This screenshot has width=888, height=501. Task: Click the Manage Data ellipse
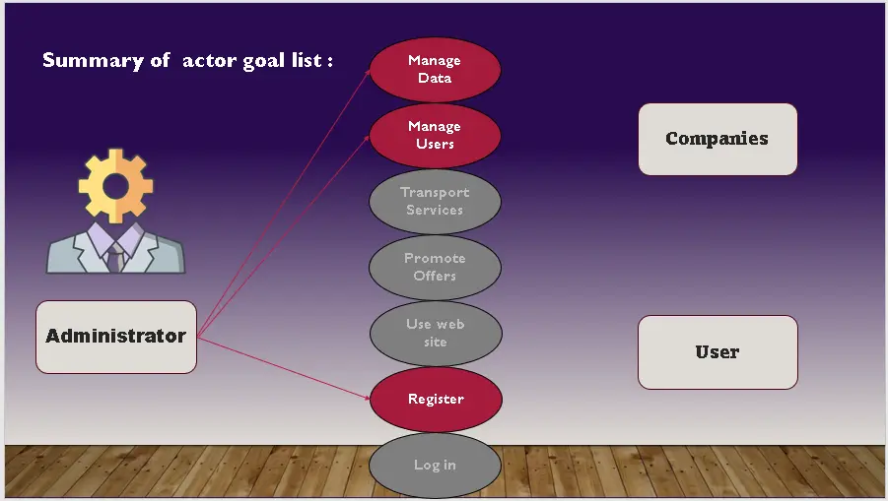tap(435, 69)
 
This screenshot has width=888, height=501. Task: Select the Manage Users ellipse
tap(435, 135)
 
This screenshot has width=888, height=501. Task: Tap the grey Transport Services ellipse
tap(435, 201)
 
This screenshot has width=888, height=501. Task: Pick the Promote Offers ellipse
tap(435, 267)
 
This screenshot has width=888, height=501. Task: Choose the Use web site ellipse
tap(435, 333)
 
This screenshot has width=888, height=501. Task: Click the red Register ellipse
tap(435, 399)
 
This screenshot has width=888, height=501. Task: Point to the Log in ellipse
tap(435, 465)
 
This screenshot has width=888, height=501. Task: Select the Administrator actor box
tap(115, 337)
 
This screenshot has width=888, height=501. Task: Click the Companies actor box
tap(717, 139)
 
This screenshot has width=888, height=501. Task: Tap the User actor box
tap(717, 351)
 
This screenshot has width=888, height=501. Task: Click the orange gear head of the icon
tap(115, 185)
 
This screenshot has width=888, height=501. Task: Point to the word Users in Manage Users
tap(435, 144)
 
